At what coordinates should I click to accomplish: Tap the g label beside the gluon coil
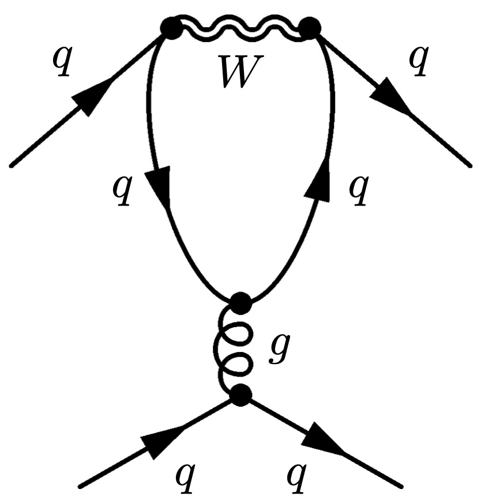point(280,348)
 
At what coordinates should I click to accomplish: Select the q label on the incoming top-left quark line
point(62,61)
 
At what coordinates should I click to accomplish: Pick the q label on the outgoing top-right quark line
point(419,61)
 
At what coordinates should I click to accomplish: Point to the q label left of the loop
point(122,190)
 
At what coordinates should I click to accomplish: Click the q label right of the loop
point(359,190)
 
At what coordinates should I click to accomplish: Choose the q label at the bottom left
point(185,478)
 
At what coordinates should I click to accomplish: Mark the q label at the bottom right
point(296,478)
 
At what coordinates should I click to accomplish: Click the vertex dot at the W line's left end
point(172,28)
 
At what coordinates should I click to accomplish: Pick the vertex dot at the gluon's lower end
point(240,395)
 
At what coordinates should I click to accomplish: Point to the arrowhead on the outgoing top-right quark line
point(389,95)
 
